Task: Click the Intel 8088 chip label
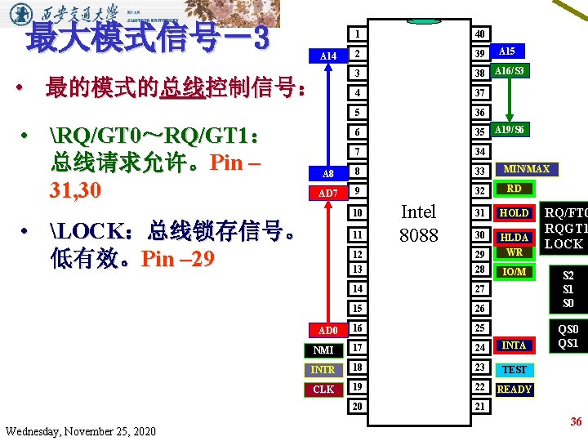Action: click(x=418, y=223)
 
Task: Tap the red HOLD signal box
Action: click(x=514, y=213)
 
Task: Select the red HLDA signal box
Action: click(x=514, y=238)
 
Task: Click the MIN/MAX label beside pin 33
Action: click(x=527, y=170)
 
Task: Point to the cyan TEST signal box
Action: click(x=514, y=370)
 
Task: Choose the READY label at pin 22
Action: click(x=514, y=390)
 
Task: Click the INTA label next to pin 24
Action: click(x=514, y=345)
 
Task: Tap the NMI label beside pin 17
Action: click(x=323, y=350)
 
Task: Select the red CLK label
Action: click(x=323, y=390)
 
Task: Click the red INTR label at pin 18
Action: click(x=323, y=370)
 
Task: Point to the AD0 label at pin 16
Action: click(x=327, y=331)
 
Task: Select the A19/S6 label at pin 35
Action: click(x=510, y=130)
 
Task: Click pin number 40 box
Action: click(x=480, y=34)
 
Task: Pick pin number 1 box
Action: click(x=357, y=34)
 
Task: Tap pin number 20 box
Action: click(x=357, y=407)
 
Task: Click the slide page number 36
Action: click(x=576, y=421)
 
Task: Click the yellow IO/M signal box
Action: click(x=514, y=272)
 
